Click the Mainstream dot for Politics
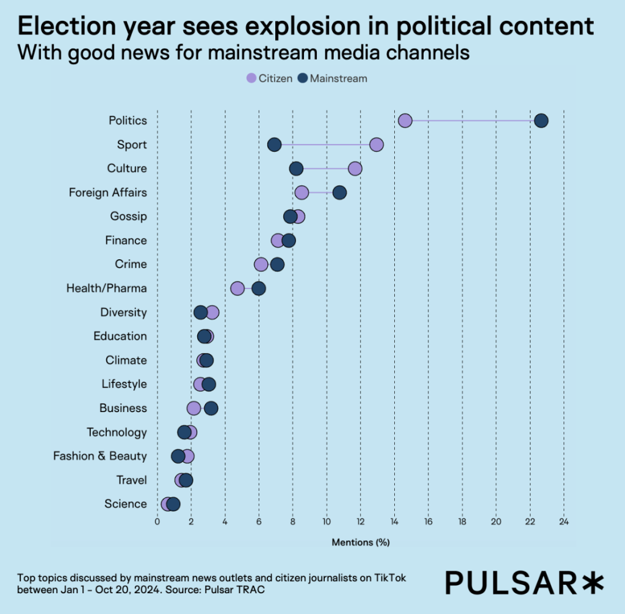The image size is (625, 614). [x=541, y=121]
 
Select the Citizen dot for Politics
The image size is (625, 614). [x=405, y=121]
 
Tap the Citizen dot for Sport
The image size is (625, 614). [x=377, y=145]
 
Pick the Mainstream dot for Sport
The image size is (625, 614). [x=275, y=145]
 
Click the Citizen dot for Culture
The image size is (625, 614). [x=355, y=168]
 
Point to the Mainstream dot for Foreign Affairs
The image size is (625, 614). [x=339, y=193]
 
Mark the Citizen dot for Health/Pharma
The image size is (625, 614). [x=237, y=288]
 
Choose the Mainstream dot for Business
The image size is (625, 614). [x=211, y=408]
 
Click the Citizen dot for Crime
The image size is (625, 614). [x=261, y=264]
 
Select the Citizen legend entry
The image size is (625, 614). [x=269, y=79]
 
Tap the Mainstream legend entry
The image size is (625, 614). [x=333, y=79]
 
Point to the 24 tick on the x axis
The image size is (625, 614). [x=564, y=522]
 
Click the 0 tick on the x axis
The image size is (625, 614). [x=157, y=522]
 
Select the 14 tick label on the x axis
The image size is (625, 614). [x=394, y=522]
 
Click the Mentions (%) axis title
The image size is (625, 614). [x=361, y=542]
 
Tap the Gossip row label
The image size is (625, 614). [x=128, y=216]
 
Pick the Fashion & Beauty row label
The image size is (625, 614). [x=100, y=456]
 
